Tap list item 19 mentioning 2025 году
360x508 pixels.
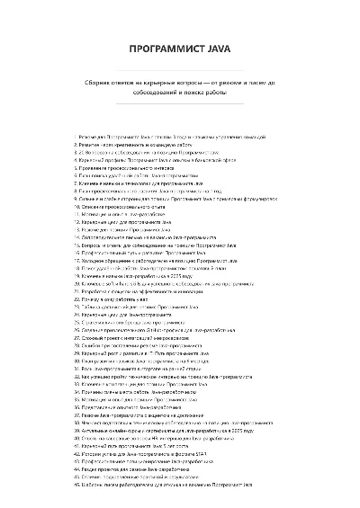pyautogui.click(x=154, y=274)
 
